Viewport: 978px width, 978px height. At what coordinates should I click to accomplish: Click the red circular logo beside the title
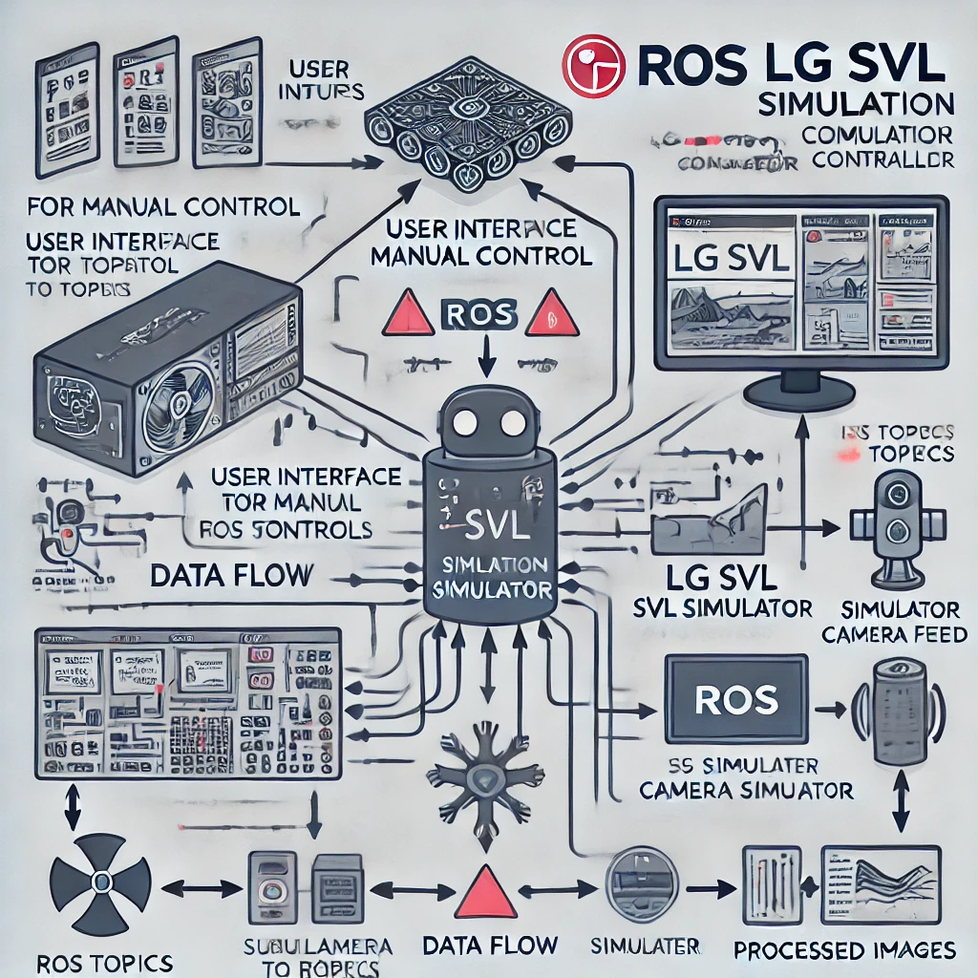[593, 66]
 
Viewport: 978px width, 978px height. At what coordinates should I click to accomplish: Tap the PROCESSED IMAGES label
[844, 950]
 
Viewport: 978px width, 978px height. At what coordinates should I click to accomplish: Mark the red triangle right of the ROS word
[553, 314]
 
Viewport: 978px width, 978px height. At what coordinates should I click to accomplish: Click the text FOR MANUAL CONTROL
[163, 205]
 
